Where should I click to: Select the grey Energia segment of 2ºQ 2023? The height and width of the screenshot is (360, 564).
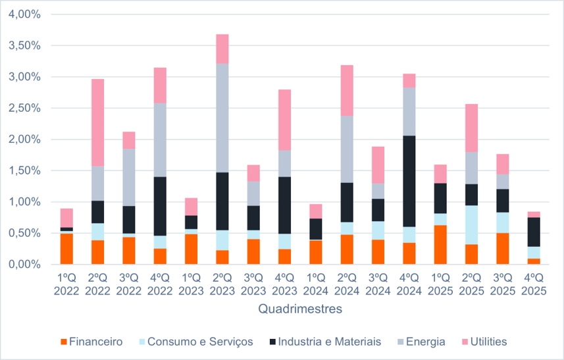pyautogui.click(x=222, y=118)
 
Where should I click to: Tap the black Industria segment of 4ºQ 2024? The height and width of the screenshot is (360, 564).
pyautogui.click(x=409, y=181)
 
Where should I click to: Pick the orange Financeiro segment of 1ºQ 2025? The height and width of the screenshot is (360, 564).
pyautogui.click(x=440, y=244)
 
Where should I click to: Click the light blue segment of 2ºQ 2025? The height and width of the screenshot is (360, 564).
pyautogui.click(x=472, y=224)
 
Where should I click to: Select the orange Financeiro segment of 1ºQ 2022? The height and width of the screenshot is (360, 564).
pyautogui.click(x=66, y=249)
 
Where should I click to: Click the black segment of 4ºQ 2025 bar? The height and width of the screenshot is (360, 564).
pyautogui.click(x=534, y=232)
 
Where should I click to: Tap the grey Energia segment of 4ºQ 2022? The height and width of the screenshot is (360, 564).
pyautogui.click(x=160, y=140)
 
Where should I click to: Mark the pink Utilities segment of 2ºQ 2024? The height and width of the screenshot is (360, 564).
pyautogui.click(x=347, y=90)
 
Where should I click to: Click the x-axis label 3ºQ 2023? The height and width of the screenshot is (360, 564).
pyautogui.click(x=253, y=285)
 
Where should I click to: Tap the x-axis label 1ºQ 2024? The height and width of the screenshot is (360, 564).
pyautogui.click(x=316, y=285)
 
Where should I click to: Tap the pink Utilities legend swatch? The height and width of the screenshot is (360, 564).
pyautogui.click(x=466, y=342)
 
